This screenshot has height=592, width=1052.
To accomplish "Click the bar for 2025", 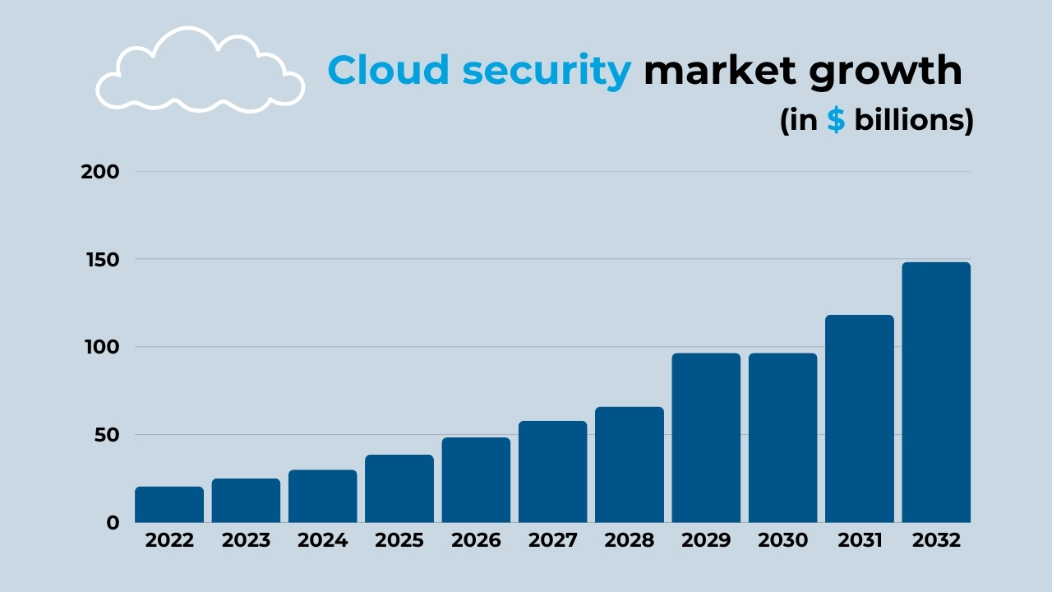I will click(x=399, y=488).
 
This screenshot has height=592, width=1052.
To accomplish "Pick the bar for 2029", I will click(x=706, y=437).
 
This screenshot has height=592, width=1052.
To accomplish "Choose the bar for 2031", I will click(x=860, y=419).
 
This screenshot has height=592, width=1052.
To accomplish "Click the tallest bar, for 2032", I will click(x=936, y=392).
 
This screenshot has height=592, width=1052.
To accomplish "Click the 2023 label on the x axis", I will click(x=246, y=541).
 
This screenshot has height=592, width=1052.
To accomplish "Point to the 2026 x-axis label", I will click(x=476, y=541).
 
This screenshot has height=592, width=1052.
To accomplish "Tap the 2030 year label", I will click(x=782, y=541).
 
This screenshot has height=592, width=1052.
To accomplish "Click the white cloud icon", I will click(x=200, y=72).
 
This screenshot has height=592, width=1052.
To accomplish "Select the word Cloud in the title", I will click(x=389, y=71).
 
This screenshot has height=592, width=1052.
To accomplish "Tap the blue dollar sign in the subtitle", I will click(x=836, y=120).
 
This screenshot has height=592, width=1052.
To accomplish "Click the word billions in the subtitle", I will click(x=907, y=120).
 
